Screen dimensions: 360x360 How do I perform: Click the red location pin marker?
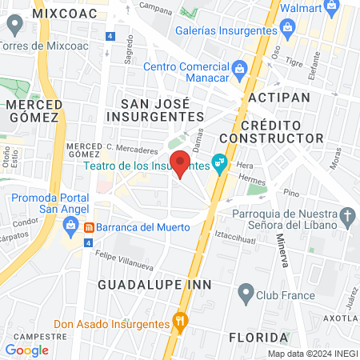(181, 163)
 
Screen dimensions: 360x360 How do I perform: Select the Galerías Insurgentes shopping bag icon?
(289, 29)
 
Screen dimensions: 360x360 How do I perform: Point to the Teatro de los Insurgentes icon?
(219, 166)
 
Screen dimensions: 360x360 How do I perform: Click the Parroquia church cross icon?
(346, 215)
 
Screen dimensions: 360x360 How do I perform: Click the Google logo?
(26, 350)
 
